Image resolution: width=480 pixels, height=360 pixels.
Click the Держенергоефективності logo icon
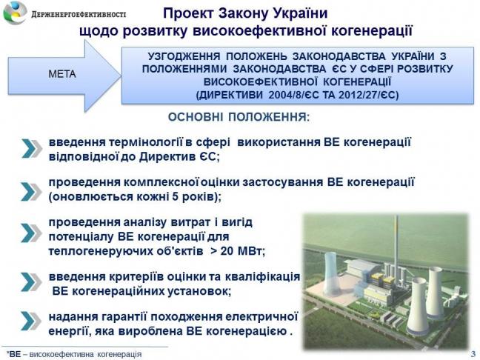(x=15, y=13)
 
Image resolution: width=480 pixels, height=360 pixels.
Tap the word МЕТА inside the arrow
(x=62, y=74)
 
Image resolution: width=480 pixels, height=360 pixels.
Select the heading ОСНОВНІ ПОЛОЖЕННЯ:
(x=239, y=117)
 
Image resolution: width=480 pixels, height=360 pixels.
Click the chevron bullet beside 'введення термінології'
(x=32, y=148)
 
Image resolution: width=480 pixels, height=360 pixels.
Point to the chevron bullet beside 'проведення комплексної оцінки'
(x=31, y=192)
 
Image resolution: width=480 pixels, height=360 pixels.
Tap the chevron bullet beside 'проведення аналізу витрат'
(x=31, y=233)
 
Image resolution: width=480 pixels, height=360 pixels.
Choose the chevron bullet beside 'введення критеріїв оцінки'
(x=31, y=281)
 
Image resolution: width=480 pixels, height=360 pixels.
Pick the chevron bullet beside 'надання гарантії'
(x=31, y=321)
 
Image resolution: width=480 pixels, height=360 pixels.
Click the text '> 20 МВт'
(x=238, y=251)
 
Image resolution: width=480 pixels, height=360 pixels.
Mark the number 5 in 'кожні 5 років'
(x=175, y=196)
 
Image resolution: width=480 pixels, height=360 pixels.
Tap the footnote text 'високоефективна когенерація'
(x=85, y=354)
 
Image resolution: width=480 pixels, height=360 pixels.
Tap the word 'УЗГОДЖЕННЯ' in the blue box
(x=184, y=56)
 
